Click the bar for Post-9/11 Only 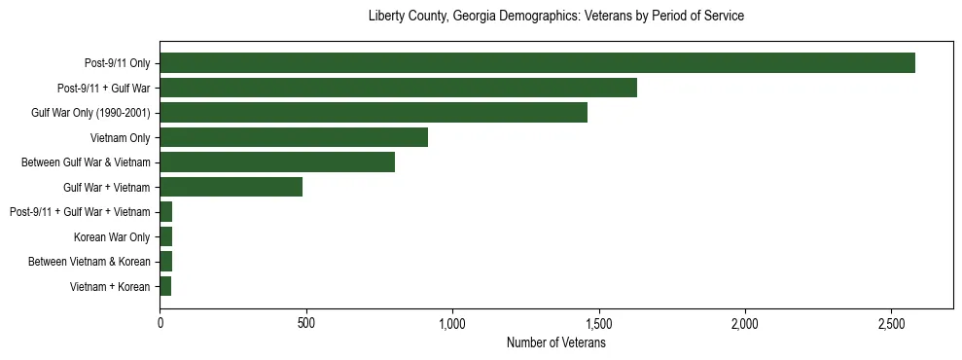tap(537, 63)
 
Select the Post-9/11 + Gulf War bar tap(398, 88)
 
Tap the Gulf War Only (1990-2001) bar tap(374, 113)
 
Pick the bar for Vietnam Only tap(294, 137)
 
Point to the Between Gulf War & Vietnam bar tap(277, 162)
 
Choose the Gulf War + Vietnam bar tap(232, 187)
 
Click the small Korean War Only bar tap(166, 236)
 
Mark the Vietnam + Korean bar tap(165, 286)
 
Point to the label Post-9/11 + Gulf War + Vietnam tap(80, 212)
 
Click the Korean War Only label tap(112, 236)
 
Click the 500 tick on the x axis tap(306, 323)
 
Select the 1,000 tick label tap(452, 323)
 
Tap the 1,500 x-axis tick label tap(599, 323)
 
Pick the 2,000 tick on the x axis tap(745, 323)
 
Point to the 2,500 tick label tap(892, 323)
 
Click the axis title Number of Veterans tap(556, 343)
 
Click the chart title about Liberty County tap(556, 17)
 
